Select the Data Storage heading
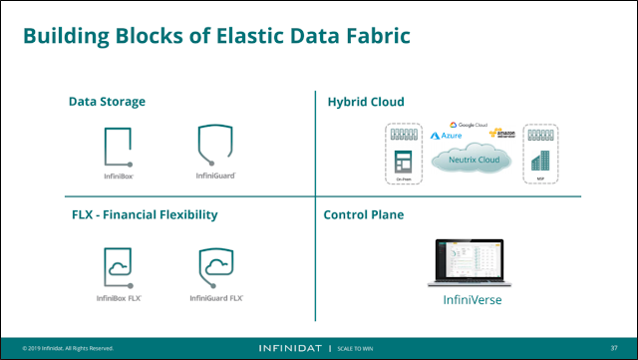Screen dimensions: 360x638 coord(107,102)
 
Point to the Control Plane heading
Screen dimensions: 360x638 coord(365,214)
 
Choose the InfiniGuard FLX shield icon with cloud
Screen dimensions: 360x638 coord(216,262)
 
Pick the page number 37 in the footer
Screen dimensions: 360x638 coord(614,349)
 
